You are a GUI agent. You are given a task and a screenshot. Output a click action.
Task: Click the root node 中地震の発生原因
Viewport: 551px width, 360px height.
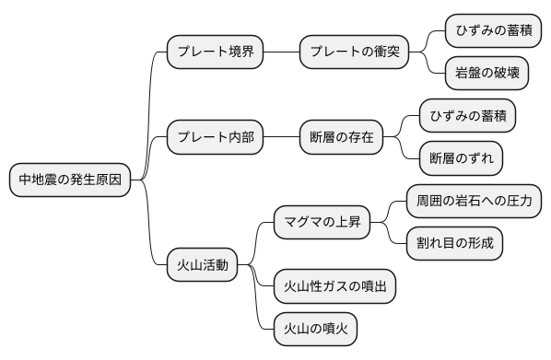[x=69, y=180]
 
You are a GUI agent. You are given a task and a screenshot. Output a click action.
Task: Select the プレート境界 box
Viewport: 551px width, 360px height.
[x=215, y=52]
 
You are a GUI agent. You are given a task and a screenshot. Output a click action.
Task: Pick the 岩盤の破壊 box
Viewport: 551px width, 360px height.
[x=487, y=74]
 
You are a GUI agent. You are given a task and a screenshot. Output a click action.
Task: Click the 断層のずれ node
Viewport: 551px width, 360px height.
[x=461, y=158]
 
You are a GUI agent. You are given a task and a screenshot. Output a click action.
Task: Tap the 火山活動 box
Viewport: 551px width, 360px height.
[x=202, y=266]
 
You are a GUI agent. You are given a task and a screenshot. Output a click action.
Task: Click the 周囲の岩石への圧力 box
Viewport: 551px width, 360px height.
[x=473, y=202]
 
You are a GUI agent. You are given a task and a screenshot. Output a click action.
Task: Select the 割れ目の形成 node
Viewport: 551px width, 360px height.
[x=454, y=244]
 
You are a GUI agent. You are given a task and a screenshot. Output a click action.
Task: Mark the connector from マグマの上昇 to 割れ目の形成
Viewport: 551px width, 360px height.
[x=392, y=236]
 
